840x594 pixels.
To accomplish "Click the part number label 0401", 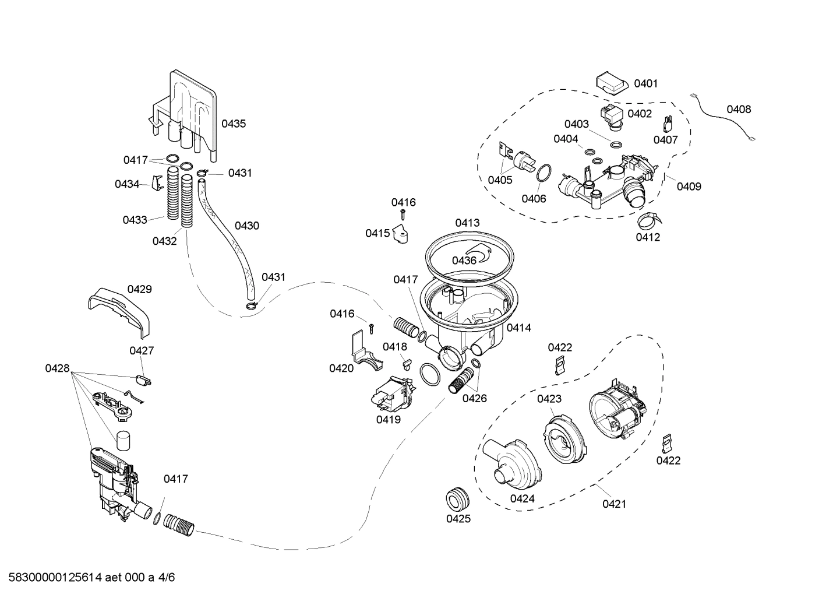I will click(x=645, y=83).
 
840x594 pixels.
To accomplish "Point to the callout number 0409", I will click(x=689, y=187).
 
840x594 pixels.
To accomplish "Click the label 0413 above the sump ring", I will click(x=467, y=223).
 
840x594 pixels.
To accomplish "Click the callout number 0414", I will click(x=518, y=328).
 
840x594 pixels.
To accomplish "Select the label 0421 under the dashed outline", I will click(x=614, y=504).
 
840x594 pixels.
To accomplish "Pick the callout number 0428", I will click(x=57, y=368).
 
